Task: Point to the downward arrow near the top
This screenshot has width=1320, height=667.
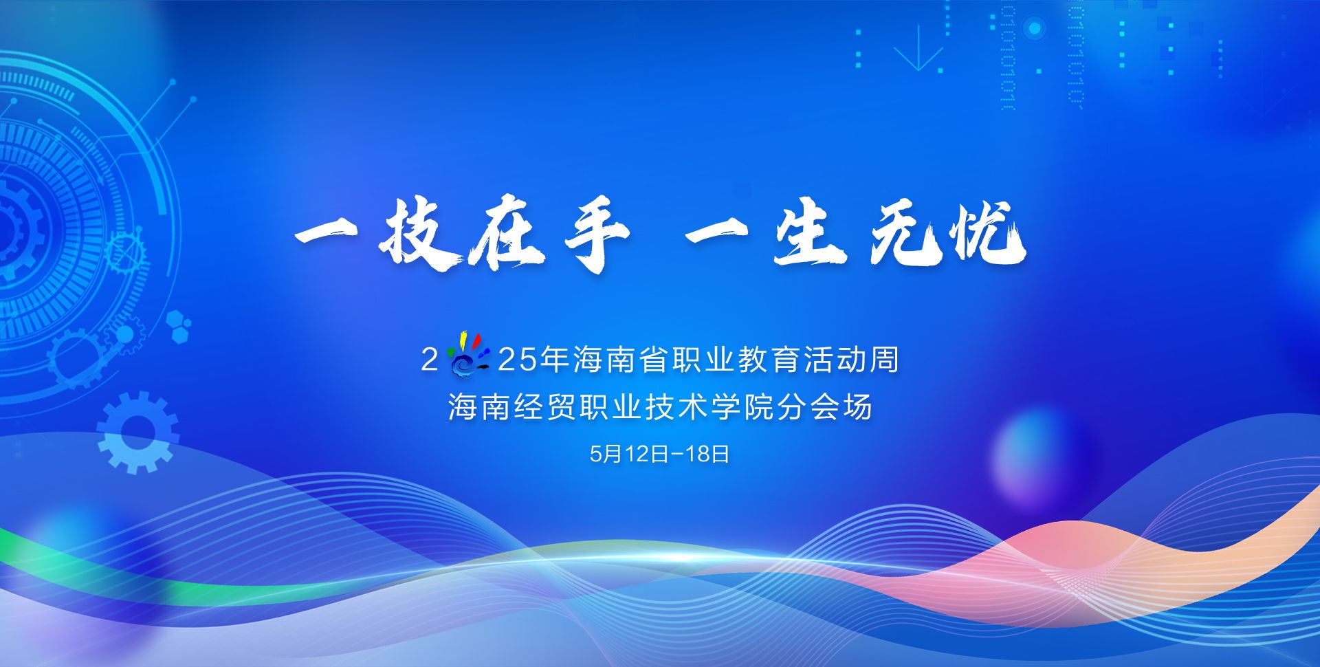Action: click(918, 48)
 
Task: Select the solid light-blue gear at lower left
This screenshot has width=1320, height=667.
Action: click(137, 432)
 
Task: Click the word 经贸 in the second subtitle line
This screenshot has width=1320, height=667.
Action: click(545, 407)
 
